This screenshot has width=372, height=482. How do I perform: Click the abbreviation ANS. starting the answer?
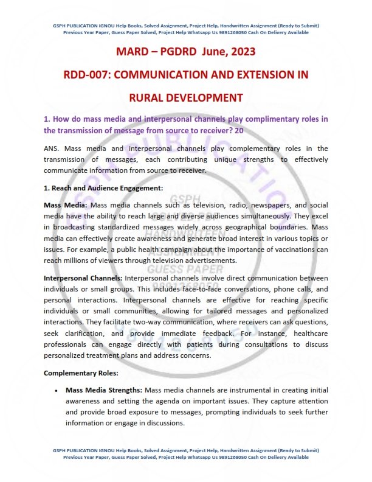point(52,148)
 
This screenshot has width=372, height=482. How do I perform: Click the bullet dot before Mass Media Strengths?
point(56,389)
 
